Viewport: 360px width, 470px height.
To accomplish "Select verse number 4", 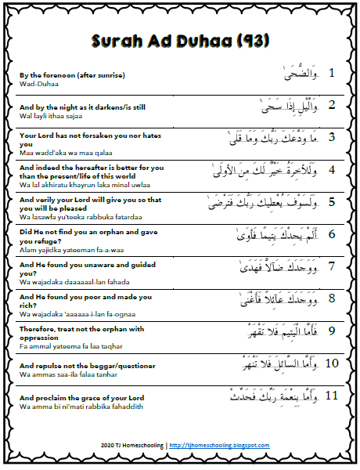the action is (332, 169).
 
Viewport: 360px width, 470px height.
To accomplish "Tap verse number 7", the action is (332, 266).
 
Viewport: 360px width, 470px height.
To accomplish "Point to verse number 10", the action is (331, 363).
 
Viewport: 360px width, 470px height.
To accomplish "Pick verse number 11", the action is (331, 396).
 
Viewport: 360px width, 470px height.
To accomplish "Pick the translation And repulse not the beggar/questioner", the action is (87, 366).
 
